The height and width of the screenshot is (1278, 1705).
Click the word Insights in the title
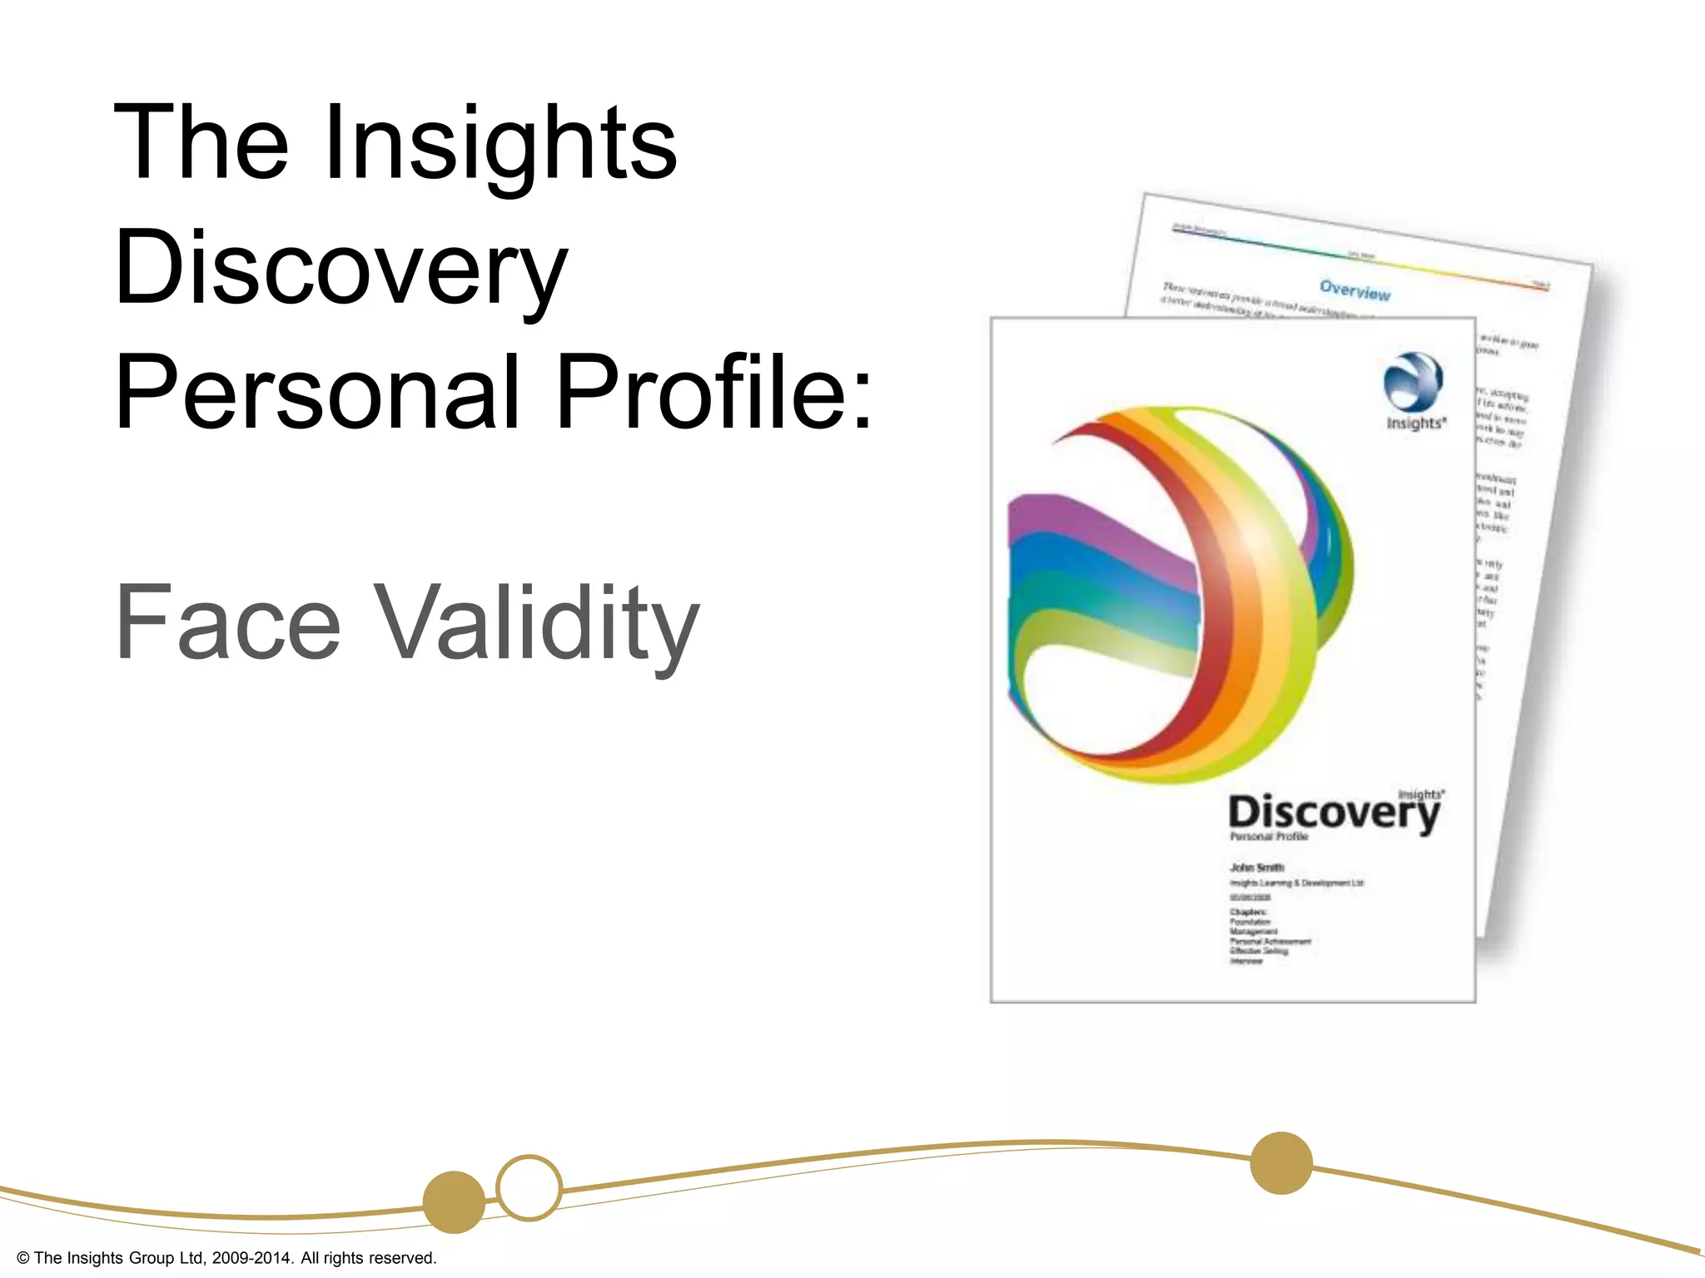click(500, 143)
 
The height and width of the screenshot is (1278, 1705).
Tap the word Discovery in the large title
click(341, 268)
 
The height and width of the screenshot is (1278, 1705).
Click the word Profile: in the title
click(713, 393)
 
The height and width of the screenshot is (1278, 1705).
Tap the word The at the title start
click(201, 143)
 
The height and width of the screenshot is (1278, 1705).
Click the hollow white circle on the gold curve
click(529, 1187)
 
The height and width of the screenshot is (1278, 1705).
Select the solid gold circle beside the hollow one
click(454, 1201)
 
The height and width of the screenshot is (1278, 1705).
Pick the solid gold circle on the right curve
click(1281, 1162)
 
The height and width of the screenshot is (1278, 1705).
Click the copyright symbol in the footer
click(23, 1258)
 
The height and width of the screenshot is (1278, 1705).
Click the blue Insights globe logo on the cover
click(1413, 382)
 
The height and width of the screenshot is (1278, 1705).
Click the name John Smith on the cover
click(1257, 867)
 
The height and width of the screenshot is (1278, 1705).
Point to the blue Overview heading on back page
click(1355, 290)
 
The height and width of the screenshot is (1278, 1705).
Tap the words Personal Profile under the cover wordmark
click(1269, 837)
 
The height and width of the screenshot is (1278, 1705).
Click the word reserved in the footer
click(403, 1258)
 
